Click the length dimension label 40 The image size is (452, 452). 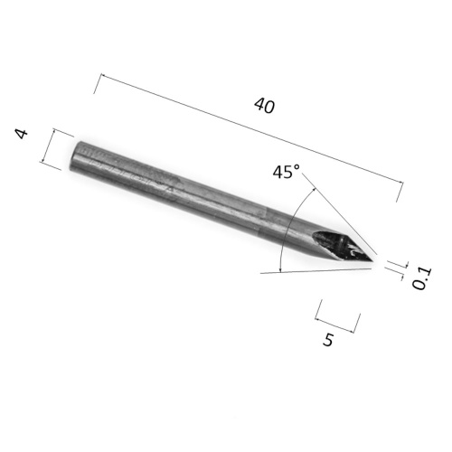[265, 106]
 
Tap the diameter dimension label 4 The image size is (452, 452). [22, 134]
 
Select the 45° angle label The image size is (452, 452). [287, 172]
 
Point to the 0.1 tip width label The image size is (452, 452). [422, 278]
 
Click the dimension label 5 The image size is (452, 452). [328, 340]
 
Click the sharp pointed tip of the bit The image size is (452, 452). [374, 261]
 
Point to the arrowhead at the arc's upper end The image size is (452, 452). [315, 189]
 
